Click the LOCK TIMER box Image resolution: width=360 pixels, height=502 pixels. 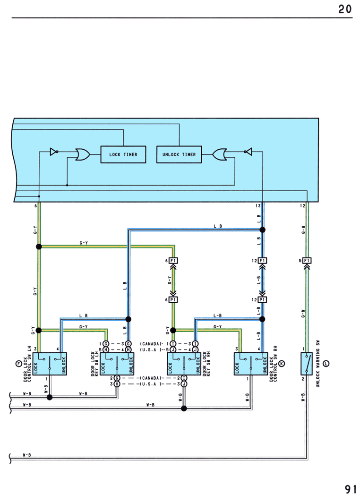123,154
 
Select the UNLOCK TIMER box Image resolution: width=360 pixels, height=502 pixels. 179,154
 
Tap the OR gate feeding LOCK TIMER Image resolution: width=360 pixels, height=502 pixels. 82,154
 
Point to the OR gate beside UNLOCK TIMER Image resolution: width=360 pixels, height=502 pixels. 220,154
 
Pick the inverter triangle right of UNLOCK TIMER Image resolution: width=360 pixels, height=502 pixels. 248,152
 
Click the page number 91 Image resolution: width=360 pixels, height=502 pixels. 351,489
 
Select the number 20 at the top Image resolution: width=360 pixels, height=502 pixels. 345,9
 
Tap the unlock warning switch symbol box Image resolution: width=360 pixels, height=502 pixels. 307,364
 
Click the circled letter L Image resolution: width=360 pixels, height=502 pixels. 326,363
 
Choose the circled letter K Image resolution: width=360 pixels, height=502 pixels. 282,363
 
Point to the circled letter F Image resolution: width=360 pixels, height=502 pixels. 18,363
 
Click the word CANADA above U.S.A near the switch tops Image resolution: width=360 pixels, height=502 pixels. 151,344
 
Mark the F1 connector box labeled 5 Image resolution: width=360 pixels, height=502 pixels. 307,261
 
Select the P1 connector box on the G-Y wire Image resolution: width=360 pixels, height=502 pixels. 173,300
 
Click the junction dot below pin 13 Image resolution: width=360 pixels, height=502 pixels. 262,230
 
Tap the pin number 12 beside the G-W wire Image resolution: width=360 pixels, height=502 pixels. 302,206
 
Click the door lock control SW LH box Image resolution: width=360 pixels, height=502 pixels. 50,364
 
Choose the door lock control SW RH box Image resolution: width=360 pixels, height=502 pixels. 251,364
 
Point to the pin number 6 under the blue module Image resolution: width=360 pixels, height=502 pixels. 36,206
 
